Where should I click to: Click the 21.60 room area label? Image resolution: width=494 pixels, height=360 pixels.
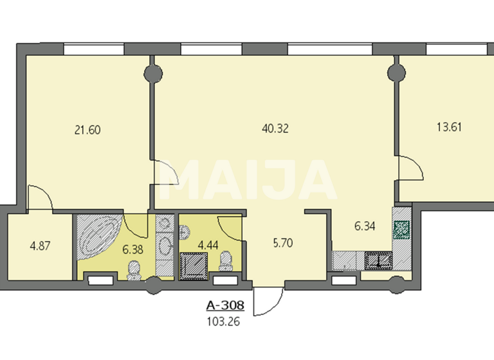(x=87, y=130)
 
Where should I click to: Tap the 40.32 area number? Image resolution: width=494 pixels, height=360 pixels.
(x=276, y=128)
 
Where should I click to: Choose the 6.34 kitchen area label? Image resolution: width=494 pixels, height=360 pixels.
(x=366, y=226)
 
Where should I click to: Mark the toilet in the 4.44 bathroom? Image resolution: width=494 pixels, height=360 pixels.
(x=226, y=264)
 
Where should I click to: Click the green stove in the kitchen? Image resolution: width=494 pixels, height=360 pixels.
(x=401, y=229)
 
